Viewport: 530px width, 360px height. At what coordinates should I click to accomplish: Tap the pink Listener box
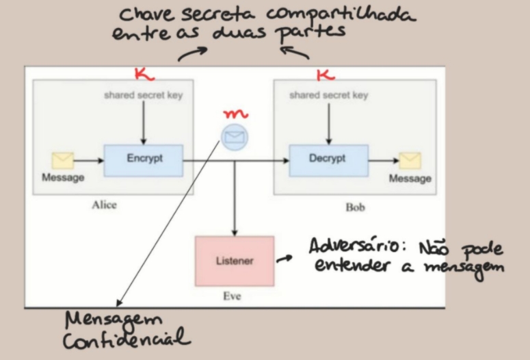click(x=235, y=261)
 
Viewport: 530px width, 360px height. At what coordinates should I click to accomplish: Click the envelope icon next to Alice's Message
click(x=63, y=160)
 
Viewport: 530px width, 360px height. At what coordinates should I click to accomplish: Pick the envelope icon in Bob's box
click(x=410, y=160)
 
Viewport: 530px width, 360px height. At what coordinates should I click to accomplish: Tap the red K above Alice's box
click(x=140, y=72)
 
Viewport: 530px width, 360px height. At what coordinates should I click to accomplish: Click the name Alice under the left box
click(x=104, y=205)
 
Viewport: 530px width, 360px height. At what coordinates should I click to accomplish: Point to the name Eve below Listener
click(x=233, y=297)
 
